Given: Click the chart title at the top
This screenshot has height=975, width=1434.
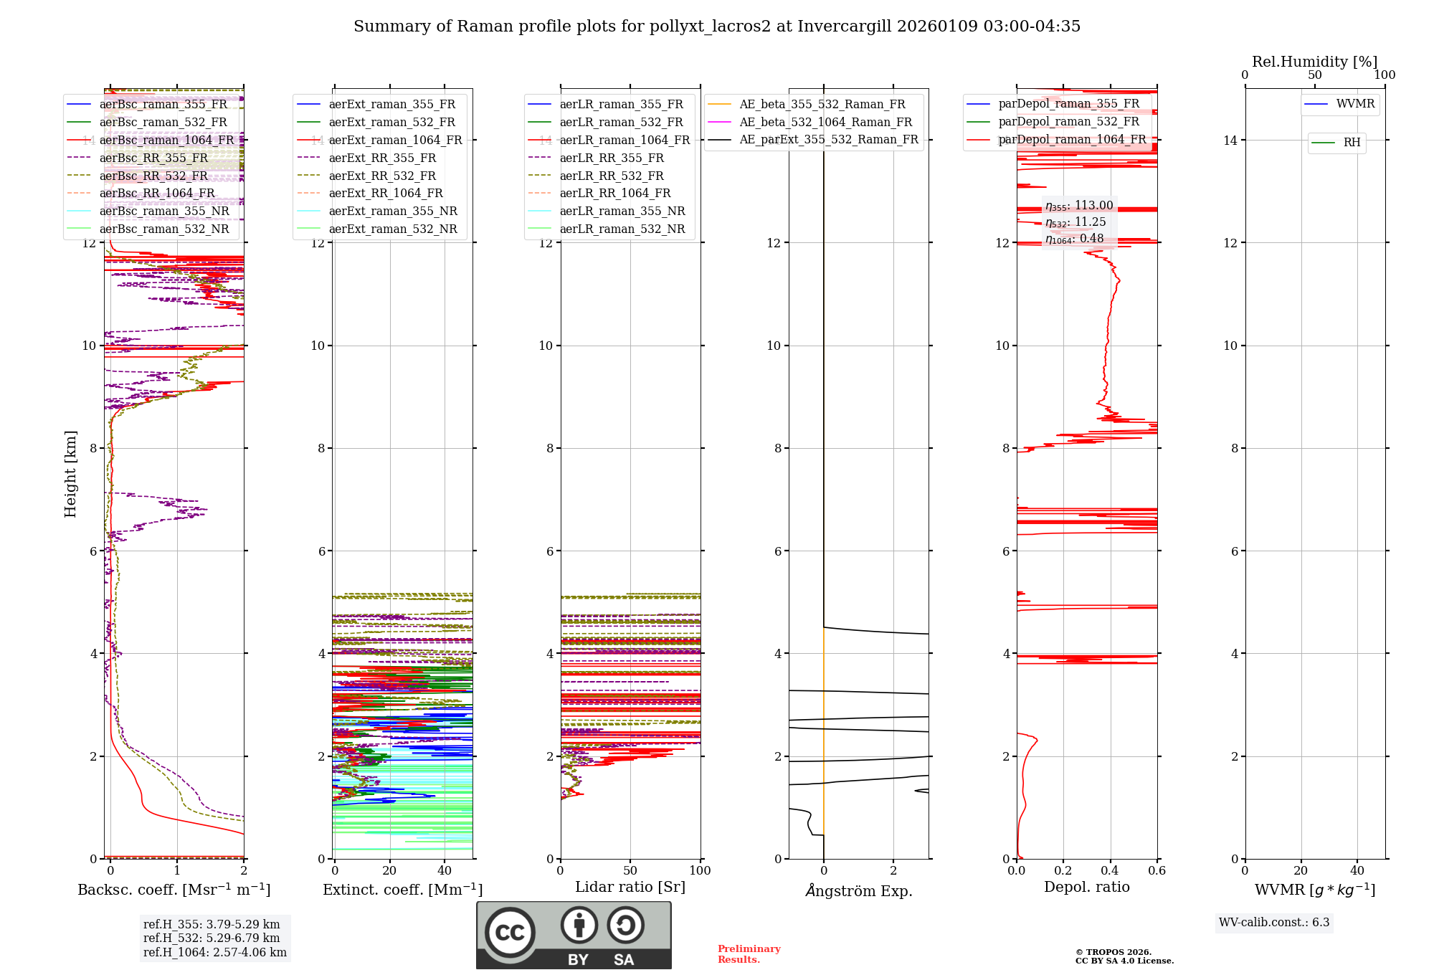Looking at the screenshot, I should pos(716,27).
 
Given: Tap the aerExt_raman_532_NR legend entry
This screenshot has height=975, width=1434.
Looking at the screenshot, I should pos(392,229).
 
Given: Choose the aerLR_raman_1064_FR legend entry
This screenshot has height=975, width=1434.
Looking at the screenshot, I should pos(625,140).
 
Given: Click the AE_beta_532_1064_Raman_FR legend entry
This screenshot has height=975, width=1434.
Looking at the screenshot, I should pos(825,122).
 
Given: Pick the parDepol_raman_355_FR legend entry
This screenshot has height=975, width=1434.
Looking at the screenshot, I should pos(1068,104).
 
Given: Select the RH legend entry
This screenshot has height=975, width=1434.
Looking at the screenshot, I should pos(1352,143).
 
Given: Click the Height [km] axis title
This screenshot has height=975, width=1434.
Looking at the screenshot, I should pos(70,473).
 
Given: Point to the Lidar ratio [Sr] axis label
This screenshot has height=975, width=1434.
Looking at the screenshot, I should pos(630,887).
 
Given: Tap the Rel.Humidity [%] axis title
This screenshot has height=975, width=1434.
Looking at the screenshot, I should pos(1314,62).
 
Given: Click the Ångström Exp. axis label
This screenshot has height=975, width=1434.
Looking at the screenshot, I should pos(859,890).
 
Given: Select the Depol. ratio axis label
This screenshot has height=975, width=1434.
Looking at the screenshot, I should pos(1086,887).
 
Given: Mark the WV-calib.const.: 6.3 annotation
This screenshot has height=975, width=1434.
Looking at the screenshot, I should pos(1274,922).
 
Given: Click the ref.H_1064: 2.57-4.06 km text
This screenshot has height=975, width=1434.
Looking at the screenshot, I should pos(215,952).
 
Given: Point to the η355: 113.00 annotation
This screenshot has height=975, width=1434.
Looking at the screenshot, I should pos(1079,206).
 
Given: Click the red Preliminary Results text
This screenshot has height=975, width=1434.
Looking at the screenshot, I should pos(749,953).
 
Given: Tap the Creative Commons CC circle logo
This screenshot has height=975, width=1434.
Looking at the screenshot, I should pos(510,932).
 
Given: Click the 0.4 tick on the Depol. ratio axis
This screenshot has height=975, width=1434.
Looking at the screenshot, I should pos(1110,870).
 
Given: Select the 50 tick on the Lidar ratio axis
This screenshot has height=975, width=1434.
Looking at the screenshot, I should pos(630,870).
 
